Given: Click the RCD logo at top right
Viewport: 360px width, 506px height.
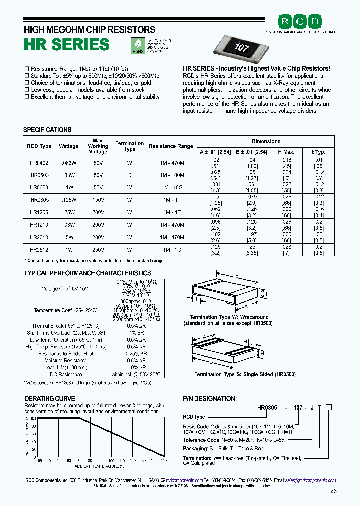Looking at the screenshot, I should coord(300,21).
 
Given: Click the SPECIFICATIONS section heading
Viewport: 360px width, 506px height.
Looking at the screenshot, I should coord(47,130).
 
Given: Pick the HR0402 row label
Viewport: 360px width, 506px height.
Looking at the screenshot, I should coord(39,162).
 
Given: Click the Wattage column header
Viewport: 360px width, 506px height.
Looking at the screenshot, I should coord(69,146).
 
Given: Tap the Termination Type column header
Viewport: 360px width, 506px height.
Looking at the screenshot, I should coord(129,146).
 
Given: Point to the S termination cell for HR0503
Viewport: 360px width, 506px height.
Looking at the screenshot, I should coord(129,175).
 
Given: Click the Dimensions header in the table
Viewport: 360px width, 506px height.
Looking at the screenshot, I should coord(266,141).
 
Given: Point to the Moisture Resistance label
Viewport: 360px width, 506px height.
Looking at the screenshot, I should coord(66,360).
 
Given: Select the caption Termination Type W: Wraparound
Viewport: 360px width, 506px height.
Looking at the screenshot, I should coord(229,317).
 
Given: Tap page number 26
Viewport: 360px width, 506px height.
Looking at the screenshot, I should coord(333,491).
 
